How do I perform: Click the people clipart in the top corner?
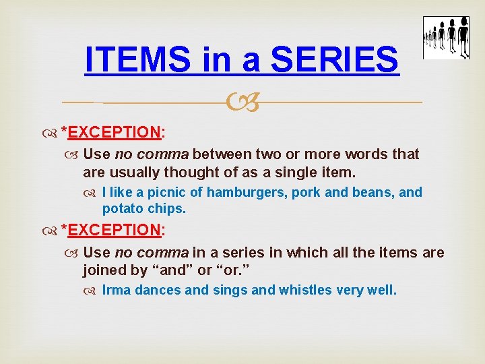445,38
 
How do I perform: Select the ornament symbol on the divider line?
243,103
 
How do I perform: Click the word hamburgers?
248,193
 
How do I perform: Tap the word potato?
123,209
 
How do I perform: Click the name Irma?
116,291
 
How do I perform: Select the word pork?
306,193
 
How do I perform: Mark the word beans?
370,193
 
